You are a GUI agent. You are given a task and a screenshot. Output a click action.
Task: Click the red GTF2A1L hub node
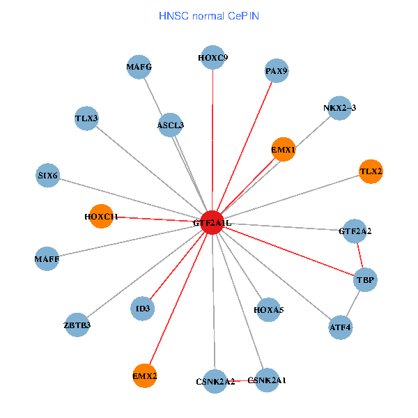(x=212, y=222)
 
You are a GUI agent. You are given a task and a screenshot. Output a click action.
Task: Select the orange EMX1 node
(x=284, y=149)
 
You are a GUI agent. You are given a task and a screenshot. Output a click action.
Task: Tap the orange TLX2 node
(x=371, y=171)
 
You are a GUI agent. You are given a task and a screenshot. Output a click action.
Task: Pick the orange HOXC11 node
(x=102, y=217)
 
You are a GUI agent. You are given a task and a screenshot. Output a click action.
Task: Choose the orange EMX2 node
(x=145, y=376)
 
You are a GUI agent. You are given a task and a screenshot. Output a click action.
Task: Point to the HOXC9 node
(x=212, y=58)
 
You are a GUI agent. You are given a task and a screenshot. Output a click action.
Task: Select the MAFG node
(x=139, y=68)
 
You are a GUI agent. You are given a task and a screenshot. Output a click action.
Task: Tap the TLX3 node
(x=87, y=118)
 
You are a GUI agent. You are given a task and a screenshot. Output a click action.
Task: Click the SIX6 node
(x=48, y=175)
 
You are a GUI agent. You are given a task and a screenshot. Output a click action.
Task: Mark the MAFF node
(x=47, y=259)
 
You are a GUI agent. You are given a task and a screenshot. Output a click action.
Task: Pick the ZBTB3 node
(x=77, y=325)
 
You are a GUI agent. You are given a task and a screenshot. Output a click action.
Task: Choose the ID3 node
(x=143, y=308)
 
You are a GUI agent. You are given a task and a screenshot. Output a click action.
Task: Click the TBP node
(x=366, y=280)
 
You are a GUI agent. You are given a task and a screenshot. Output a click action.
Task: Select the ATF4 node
(x=340, y=327)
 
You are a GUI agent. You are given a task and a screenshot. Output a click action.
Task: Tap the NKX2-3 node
(x=339, y=108)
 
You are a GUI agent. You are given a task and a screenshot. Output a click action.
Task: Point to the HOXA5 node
(x=269, y=309)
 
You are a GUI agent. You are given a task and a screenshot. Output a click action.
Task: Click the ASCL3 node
(x=171, y=125)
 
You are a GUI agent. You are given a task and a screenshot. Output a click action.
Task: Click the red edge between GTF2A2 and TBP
(x=360, y=255)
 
